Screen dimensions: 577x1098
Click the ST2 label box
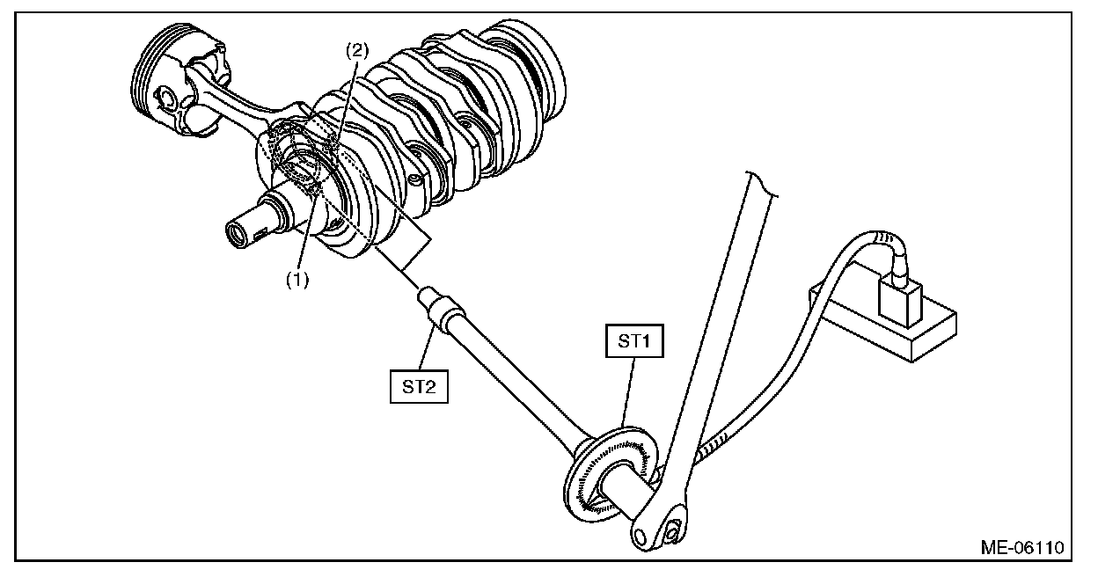[419, 385]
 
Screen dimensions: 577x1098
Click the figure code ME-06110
[1021, 547]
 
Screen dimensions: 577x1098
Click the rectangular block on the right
[889, 321]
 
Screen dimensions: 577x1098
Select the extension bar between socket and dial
[510, 378]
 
